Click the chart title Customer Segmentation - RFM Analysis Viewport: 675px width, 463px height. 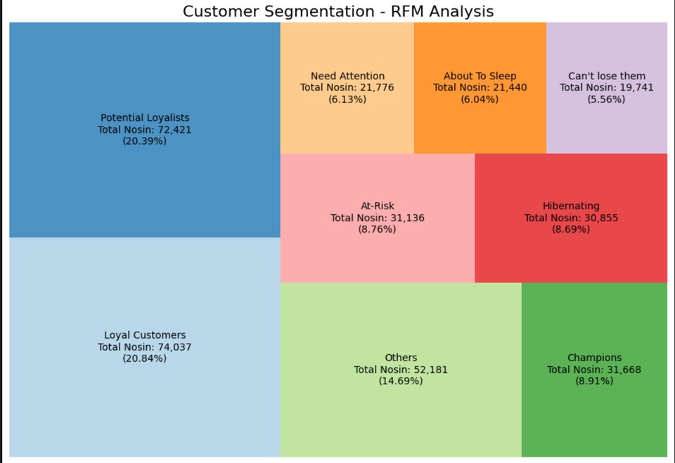click(x=337, y=11)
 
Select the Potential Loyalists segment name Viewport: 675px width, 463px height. click(x=145, y=118)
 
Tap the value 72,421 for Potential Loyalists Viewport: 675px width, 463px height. click(x=174, y=129)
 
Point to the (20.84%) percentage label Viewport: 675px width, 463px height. click(x=145, y=358)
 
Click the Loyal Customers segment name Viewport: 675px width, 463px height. click(x=145, y=335)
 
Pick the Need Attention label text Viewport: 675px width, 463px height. click(x=347, y=76)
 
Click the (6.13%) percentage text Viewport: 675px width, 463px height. click(x=347, y=99)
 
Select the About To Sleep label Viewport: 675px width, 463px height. click(x=480, y=76)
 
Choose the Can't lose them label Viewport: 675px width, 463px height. click(x=607, y=76)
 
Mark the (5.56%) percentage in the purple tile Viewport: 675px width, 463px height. click(x=607, y=99)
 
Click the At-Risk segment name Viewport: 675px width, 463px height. click(x=378, y=206)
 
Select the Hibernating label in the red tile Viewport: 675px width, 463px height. click(x=571, y=206)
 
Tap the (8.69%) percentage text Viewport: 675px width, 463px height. click(x=571, y=229)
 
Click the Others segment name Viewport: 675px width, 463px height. click(x=401, y=358)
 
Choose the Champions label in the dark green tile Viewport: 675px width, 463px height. click(x=594, y=358)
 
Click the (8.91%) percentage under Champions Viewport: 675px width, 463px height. click(x=594, y=381)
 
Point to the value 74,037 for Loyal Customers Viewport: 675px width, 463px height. click(x=174, y=347)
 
